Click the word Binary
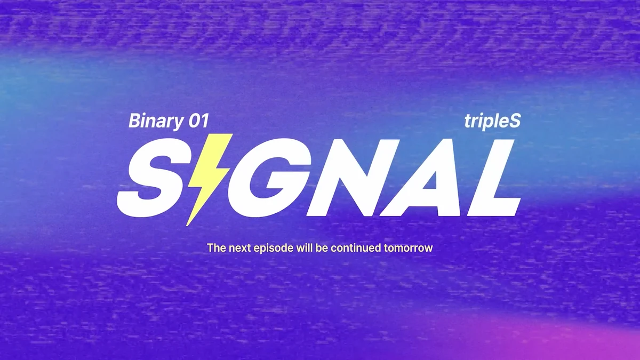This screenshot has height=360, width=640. click(155, 122)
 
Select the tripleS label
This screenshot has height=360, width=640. click(492, 122)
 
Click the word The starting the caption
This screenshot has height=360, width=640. click(215, 248)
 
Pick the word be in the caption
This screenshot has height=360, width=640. click(321, 248)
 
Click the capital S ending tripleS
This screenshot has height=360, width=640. click(514, 121)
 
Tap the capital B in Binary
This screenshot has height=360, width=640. click(134, 121)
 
